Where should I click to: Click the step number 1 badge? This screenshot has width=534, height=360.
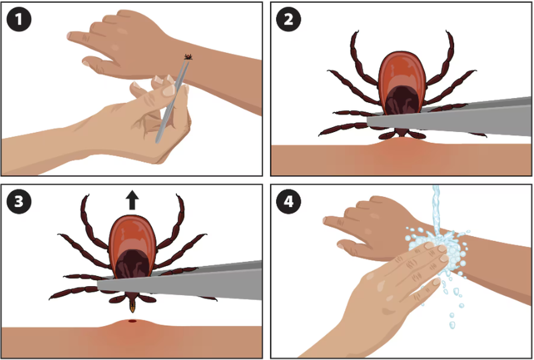point(19,19)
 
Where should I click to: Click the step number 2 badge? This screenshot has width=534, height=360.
point(289,19)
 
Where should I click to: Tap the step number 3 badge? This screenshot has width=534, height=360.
point(19,202)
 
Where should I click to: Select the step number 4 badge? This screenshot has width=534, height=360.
point(289,202)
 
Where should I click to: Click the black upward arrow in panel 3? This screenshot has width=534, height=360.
point(132,200)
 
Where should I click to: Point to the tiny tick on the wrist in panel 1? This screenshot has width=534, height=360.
point(188,57)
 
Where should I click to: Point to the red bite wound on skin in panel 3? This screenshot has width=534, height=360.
point(132,321)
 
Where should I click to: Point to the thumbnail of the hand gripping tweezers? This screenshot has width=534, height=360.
point(169,90)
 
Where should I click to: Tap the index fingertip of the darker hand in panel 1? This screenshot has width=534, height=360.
point(70,36)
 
